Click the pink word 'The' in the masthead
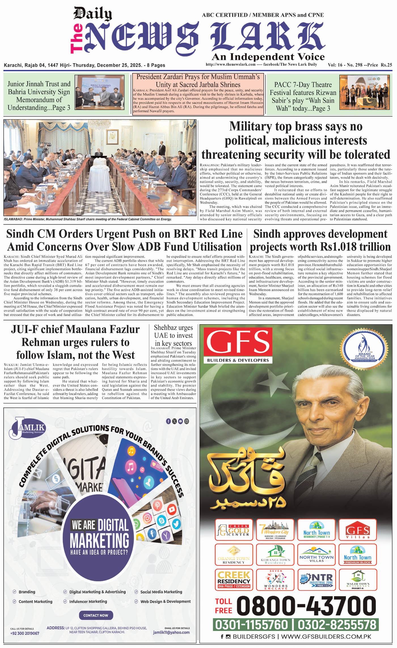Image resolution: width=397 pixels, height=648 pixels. (x=77, y=39)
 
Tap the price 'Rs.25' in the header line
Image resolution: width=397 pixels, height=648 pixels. (x=386, y=65)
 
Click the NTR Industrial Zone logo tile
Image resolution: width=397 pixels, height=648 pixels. (x=317, y=580)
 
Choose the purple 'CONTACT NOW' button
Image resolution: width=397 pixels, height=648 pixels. (x=96, y=615)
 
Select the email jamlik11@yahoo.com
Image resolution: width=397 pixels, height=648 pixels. (x=171, y=632)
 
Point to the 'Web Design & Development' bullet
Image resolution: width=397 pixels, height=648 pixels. (x=166, y=601)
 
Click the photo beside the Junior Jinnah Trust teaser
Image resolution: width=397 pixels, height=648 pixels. (x=100, y=92)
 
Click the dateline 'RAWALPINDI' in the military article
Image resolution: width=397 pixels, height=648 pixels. (x=209, y=165)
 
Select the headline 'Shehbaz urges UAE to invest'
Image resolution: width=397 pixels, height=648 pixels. (x=173, y=335)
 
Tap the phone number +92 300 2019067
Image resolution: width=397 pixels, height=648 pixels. (x=25, y=633)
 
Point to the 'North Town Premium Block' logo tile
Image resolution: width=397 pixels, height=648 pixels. (x=358, y=554)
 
